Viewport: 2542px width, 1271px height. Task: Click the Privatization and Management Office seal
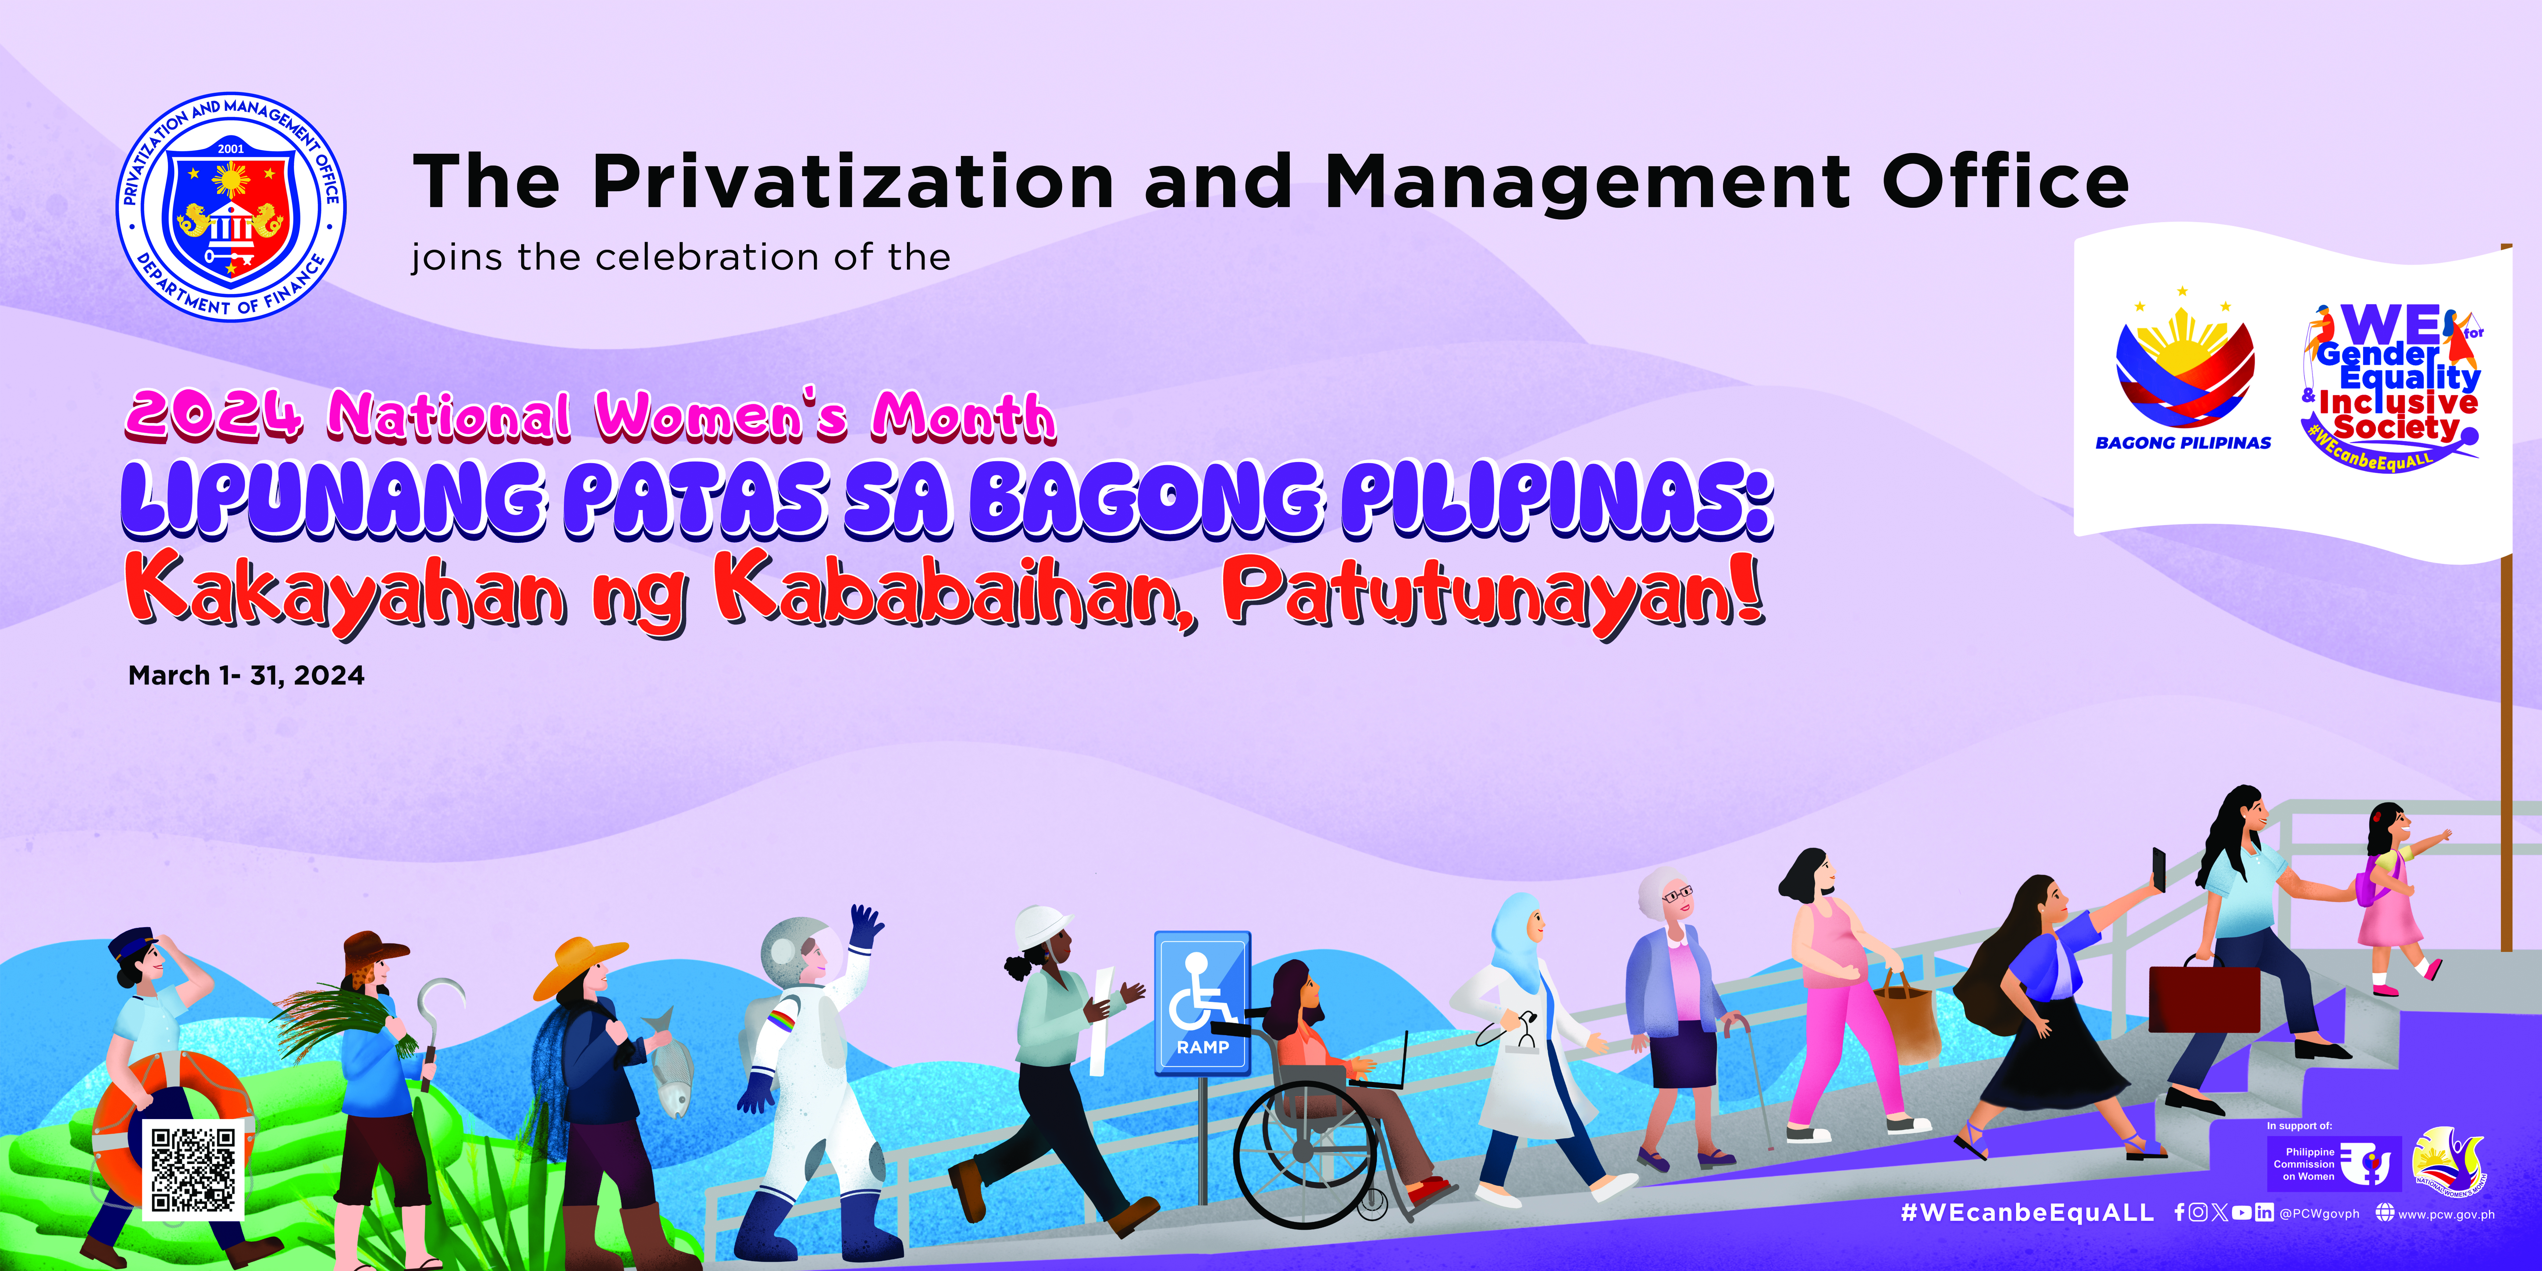tap(231, 207)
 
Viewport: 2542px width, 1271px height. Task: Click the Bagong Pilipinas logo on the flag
tap(2184, 370)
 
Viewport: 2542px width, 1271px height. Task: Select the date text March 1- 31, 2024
tap(247, 676)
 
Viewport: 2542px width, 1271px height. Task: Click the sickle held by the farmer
tap(439, 1007)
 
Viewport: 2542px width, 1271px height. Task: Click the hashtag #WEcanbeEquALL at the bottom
tap(2028, 1213)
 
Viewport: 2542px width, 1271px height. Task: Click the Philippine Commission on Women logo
tap(2334, 1164)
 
